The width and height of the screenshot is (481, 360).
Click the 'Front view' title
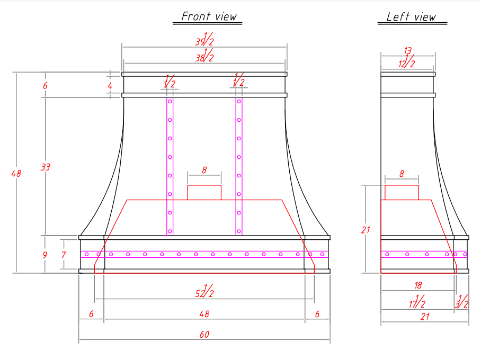tap(209, 16)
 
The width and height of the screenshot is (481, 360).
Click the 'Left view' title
tap(411, 16)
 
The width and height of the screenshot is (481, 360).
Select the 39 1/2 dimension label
tap(204, 39)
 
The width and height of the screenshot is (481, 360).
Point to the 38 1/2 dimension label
tap(204, 55)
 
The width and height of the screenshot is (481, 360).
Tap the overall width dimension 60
tap(204, 334)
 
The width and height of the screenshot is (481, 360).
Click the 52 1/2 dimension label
tap(204, 291)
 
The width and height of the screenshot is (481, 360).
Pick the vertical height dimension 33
tap(46, 167)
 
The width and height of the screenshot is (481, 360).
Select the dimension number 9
tap(45, 255)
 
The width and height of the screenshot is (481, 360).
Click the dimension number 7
tap(64, 255)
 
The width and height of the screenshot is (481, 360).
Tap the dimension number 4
tap(110, 86)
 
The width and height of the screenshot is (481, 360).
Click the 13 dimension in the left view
tap(408, 50)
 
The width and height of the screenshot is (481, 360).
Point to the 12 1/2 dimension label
tap(407, 61)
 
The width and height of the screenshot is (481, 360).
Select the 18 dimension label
tap(418, 285)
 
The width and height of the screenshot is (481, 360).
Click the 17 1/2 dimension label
tap(417, 302)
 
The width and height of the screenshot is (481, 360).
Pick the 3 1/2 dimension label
tap(462, 302)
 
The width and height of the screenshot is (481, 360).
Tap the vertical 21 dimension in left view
tap(366, 230)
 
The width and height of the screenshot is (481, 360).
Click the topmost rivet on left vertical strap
tap(170, 102)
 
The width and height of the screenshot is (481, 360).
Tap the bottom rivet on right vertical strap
tap(239, 231)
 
